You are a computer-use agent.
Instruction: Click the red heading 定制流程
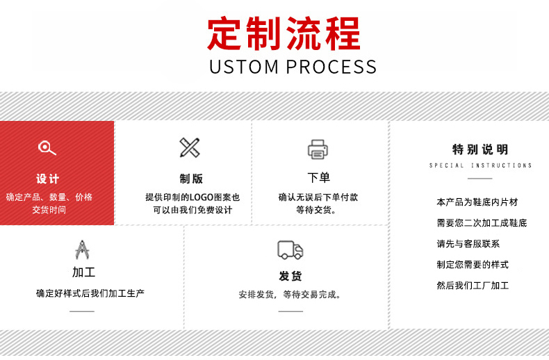click(x=284, y=33)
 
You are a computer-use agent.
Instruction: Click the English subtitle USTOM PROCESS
click(x=293, y=67)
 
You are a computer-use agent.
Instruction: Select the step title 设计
click(x=48, y=179)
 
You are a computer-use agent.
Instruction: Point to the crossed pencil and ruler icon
click(x=190, y=147)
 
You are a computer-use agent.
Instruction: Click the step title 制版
click(x=191, y=179)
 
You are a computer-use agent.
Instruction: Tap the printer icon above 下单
click(x=318, y=148)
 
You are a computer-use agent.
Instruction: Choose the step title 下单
click(x=318, y=178)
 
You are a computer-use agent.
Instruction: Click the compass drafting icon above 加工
click(x=83, y=249)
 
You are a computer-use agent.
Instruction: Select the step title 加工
click(x=83, y=272)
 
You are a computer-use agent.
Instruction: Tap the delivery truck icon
click(x=290, y=249)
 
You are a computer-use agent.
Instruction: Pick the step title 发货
click(x=290, y=276)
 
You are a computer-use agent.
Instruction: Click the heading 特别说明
click(x=480, y=149)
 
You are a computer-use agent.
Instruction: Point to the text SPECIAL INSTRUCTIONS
click(x=480, y=165)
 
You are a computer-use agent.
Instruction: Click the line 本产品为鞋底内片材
click(x=477, y=202)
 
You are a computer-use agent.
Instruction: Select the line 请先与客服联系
click(x=468, y=244)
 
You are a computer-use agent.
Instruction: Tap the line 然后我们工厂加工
click(x=473, y=286)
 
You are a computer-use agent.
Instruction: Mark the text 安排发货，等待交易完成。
click(x=290, y=295)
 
